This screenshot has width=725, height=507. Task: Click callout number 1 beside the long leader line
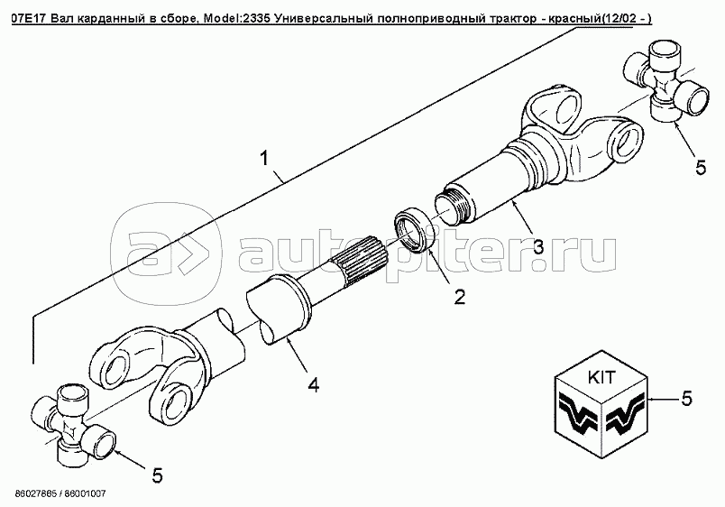pos(263,159)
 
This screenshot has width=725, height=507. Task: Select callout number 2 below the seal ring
pos(459,297)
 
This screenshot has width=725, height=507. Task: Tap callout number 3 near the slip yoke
pos(538,246)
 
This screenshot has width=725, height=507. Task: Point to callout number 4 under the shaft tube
pos(314,384)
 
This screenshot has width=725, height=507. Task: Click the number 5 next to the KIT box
pos(686,398)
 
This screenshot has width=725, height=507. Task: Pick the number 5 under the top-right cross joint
pos(701,167)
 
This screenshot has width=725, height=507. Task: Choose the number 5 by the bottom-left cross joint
pos(157,475)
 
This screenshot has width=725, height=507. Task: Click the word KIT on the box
pos(602,377)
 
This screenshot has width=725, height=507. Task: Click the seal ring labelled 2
pos(414,231)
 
